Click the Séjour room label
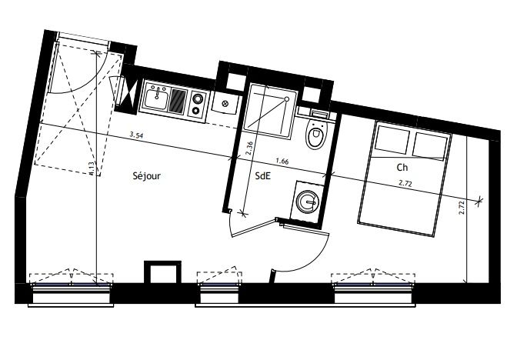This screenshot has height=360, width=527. tap(146, 176)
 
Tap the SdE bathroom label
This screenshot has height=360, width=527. tap(262, 176)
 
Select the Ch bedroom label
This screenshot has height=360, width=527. tap(402, 168)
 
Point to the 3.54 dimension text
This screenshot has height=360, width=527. tap(136, 135)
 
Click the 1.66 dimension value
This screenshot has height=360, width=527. tap(282, 161)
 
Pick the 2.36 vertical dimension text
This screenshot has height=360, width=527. tap(248, 148)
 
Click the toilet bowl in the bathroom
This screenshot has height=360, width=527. tap(316, 134)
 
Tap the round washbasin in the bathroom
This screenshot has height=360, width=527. tap(306, 202)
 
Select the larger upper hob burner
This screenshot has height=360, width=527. tap(197, 98)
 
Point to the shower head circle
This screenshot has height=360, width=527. tap(287, 98)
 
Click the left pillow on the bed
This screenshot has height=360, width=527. tap(392, 138)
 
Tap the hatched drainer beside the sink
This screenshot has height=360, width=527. tap(178, 101)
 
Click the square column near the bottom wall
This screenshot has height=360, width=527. tap(162, 272)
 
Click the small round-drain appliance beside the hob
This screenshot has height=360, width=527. tap(225, 103)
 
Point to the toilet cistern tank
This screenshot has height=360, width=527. tap(319, 115)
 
